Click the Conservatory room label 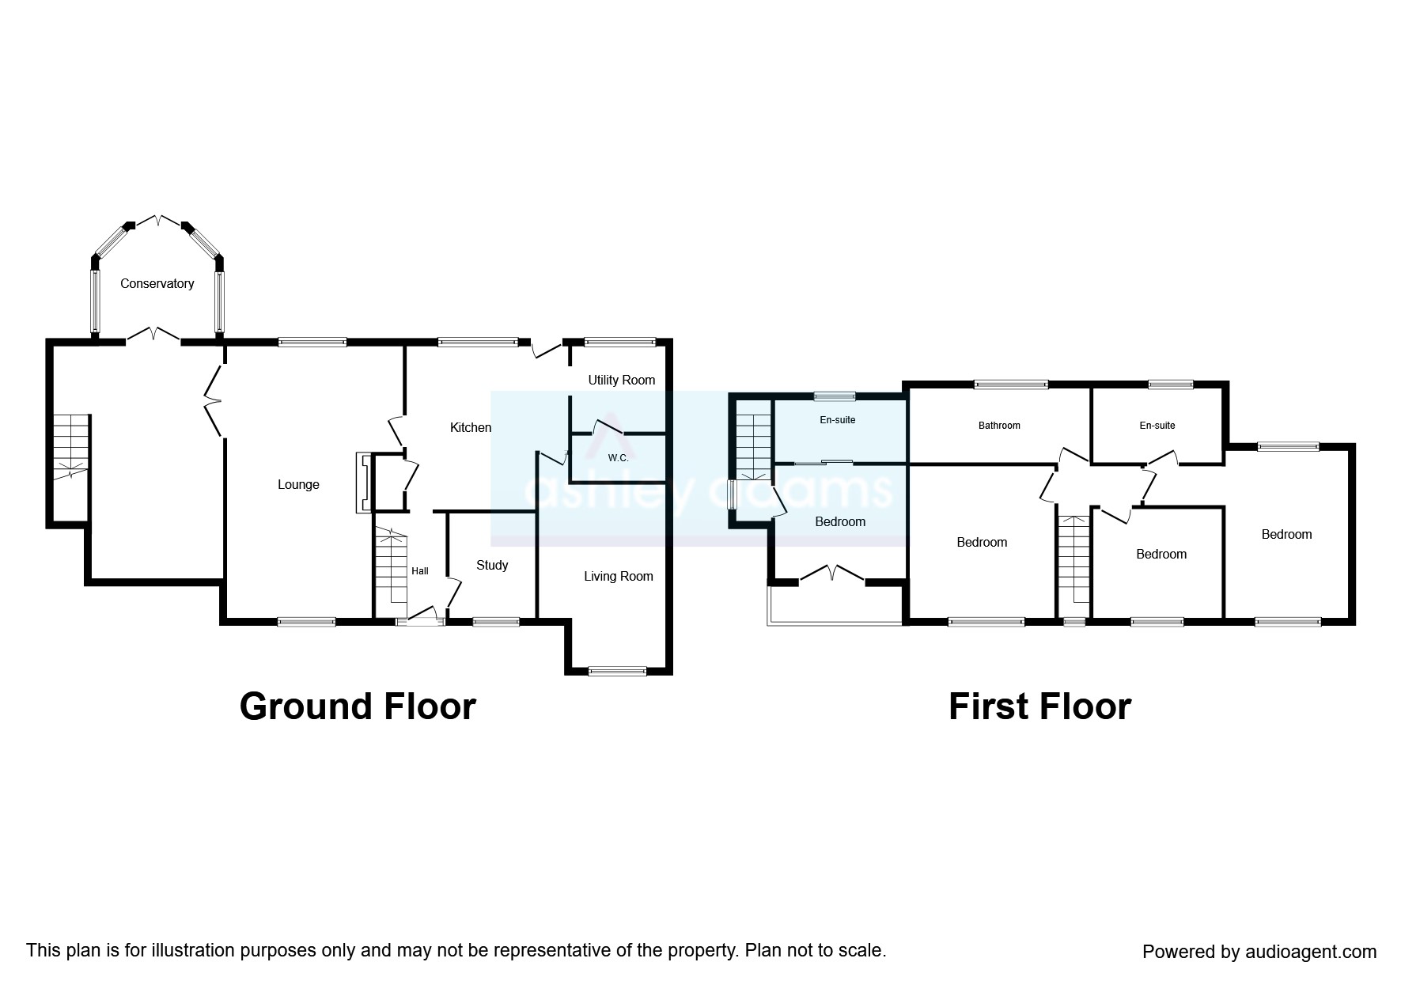click(x=157, y=283)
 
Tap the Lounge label click(x=298, y=485)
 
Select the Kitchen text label click(x=471, y=428)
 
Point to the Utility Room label click(x=622, y=381)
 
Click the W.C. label click(x=619, y=458)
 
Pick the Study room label click(x=492, y=565)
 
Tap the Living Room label click(x=619, y=577)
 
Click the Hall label click(x=420, y=571)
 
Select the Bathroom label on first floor click(x=999, y=426)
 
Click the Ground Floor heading click(x=358, y=706)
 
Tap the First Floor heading click(x=1039, y=706)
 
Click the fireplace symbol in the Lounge click(x=363, y=483)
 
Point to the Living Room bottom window click(x=617, y=672)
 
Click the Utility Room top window click(x=620, y=343)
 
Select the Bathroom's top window click(x=1011, y=385)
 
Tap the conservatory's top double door click(x=157, y=222)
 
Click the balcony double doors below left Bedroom click(x=832, y=574)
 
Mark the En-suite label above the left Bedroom click(x=838, y=420)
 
